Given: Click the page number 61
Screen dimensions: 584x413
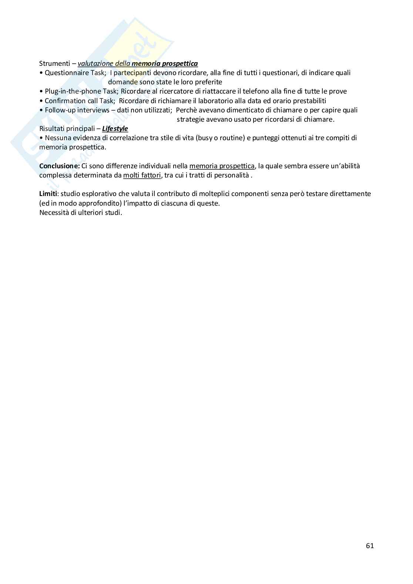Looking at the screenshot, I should click(370, 546).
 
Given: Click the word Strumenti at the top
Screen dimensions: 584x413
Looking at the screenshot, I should click(54, 64).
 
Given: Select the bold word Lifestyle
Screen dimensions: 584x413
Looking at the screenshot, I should click(115, 129).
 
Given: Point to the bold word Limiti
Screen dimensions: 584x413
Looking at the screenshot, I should click(48, 194).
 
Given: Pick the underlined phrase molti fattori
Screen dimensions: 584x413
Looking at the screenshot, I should click(142, 175).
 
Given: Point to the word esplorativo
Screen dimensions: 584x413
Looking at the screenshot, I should click(98, 194).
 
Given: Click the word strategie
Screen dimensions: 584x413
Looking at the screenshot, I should click(191, 119).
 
